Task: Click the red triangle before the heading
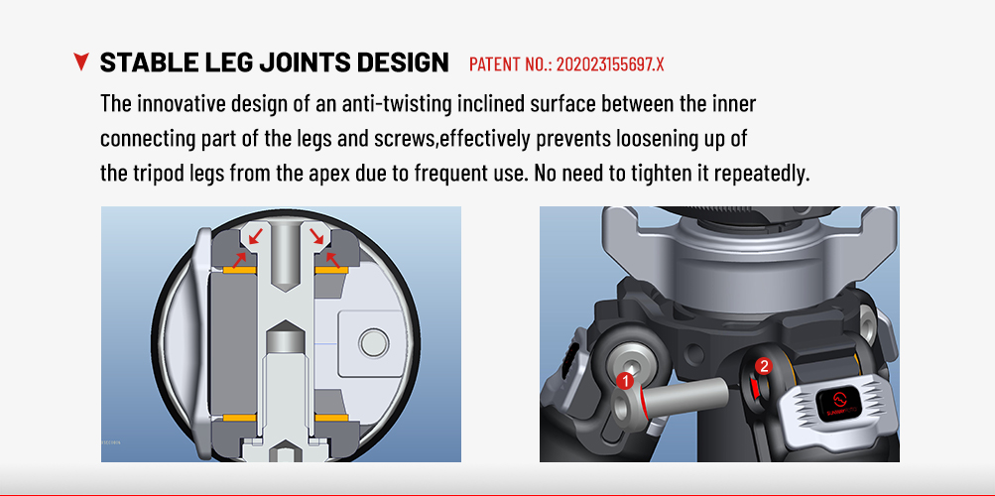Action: (x=81, y=62)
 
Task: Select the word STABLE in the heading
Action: (x=142, y=62)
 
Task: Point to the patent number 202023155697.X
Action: (x=610, y=64)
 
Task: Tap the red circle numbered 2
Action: (x=764, y=366)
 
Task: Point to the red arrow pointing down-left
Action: (x=255, y=236)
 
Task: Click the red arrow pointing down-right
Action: (x=316, y=236)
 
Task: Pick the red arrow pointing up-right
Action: (x=239, y=259)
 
